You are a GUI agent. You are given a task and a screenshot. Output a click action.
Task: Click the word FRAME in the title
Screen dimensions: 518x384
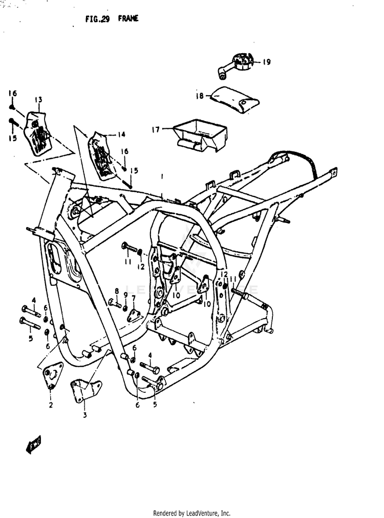[x=129, y=18]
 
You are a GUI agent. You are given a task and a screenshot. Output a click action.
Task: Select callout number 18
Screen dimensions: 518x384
[x=200, y=96]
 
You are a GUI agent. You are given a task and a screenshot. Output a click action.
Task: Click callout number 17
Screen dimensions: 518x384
[x=155, y=130]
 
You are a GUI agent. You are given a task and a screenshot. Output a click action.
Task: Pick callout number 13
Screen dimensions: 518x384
[x=38, y=100]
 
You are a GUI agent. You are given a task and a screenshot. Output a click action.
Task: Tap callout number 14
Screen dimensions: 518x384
[x=121, y=135]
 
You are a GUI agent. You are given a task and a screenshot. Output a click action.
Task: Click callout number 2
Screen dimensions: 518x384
[x=51, y=406]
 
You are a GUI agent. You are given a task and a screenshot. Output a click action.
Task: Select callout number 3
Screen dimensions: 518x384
[x=85, y=415]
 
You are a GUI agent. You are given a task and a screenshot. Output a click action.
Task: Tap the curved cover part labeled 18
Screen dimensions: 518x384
[x=236, y=99]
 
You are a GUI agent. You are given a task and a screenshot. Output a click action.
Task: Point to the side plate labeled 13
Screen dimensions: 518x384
[x=39, y=133]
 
